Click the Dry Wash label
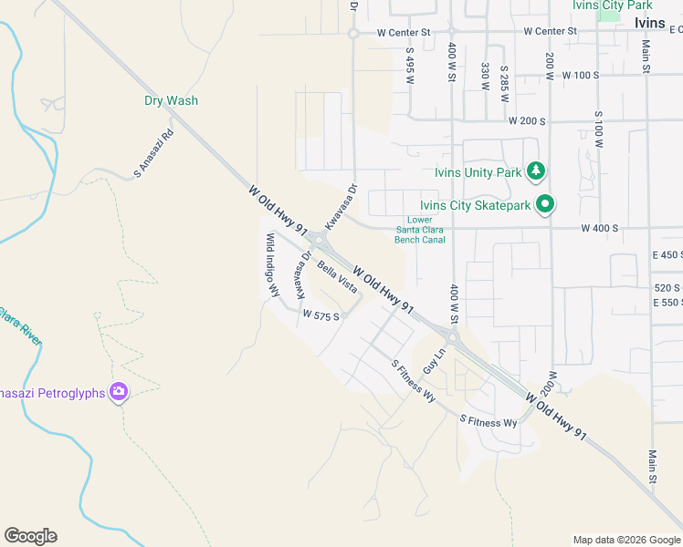coord(171,101)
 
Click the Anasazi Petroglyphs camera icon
coord(118,392)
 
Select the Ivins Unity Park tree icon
coord(538,170)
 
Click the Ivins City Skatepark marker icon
coord(545,204)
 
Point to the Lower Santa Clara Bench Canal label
coord(420,230)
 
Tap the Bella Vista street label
coord(337,276)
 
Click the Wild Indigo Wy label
coord(272,265)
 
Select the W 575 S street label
coord(321,316)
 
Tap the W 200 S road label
coord(527,121)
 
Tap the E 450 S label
coord(667,254)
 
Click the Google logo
coord(30,536)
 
